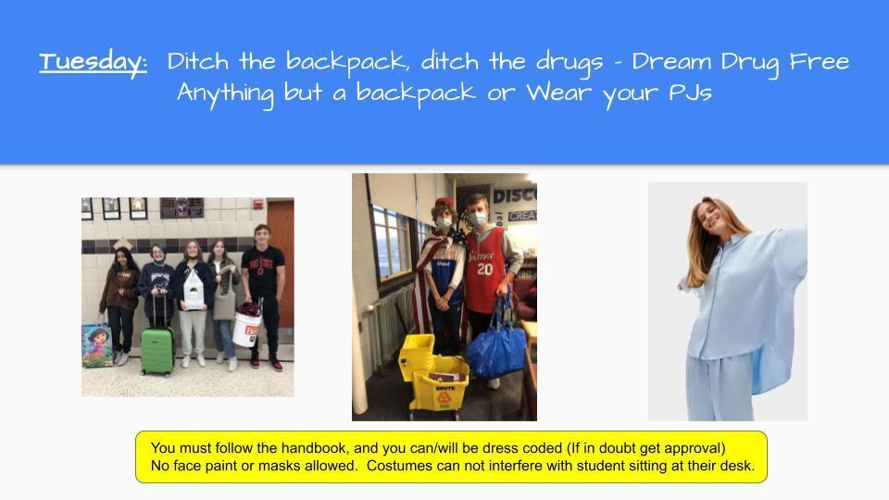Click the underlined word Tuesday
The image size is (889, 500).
click(x=92, y=62)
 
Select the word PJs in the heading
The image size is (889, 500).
click(x=686, y=94)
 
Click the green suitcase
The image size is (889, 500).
click(x=157, y=348)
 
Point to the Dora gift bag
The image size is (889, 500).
click(x=96, y=345)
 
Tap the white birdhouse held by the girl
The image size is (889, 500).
click(x=194, y=291)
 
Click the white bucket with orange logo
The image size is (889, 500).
click(x=247, y=327)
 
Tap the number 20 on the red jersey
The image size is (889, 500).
click(x=483, y=269)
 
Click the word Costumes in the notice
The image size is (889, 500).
click(x=397, y=466)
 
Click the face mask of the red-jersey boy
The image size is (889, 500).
click(x=477, y=219)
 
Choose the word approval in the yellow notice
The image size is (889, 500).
click(x=694, y=448)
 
